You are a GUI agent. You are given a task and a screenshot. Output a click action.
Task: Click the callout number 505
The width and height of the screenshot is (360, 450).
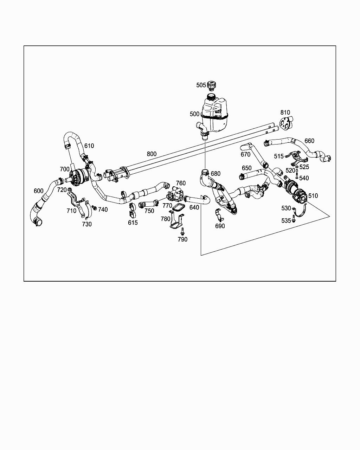click(201, 85)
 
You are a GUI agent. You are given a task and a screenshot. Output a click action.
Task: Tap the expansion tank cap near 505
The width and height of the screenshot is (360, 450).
click(211, 85)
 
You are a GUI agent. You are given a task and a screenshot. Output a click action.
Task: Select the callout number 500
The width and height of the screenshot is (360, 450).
click(194, 114)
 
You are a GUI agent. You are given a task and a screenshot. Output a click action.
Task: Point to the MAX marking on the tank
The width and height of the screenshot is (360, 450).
click(218, 112)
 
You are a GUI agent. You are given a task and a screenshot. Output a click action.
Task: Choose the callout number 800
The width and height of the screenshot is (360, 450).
click(152, 154)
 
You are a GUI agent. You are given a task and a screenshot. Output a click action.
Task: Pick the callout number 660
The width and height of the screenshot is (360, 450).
click(309, 141)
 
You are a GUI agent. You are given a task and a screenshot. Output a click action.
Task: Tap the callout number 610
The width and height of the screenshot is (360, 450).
click(89, 146)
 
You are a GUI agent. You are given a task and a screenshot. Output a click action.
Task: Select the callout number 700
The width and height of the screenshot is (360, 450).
click(65, 169)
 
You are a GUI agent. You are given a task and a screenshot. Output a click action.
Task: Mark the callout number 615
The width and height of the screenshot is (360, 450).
click(133, 223)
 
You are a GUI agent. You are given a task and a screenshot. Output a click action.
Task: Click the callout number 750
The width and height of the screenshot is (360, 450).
click(149, 211)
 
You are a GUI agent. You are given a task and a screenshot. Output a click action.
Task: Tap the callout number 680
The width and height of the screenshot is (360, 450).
click(216, 174)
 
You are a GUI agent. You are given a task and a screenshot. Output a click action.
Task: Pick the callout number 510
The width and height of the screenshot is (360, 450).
click(313, 196)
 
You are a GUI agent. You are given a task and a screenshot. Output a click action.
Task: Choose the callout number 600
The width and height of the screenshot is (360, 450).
click(39, 191)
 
